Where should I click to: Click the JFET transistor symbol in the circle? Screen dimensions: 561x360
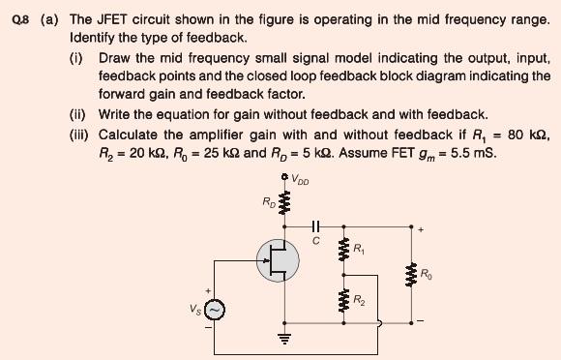pyautogui.click(x=278, y=259)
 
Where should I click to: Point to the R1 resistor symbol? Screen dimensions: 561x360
pyautogui.click(x=341, y=252)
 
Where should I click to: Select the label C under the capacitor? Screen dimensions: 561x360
pyautogui.click(x=315, y=242)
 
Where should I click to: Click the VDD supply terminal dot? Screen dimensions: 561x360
pyautogui.click(x=284, y=177)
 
